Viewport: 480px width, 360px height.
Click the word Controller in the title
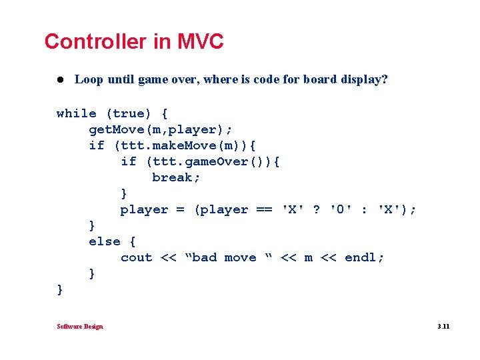click(96, 42)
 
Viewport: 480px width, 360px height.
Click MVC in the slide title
click(201, 42)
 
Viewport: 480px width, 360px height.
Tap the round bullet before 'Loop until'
click(59, 80)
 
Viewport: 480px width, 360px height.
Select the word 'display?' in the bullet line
click(363, 80)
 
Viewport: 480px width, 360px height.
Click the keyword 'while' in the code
click(76, 113)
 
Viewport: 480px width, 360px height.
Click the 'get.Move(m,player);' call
click(160, 129)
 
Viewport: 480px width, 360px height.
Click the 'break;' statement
click(176, 177)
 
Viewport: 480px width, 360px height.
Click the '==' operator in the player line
click(264, 209)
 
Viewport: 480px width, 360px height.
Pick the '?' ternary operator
click(316, 209)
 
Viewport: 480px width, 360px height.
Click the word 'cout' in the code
click(136, 257)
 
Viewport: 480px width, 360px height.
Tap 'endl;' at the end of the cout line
click(364, 257)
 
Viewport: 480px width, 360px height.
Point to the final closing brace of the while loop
click(60, 289)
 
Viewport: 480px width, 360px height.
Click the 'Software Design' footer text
click(80, 327)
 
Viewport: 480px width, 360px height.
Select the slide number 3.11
click(443, 327)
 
